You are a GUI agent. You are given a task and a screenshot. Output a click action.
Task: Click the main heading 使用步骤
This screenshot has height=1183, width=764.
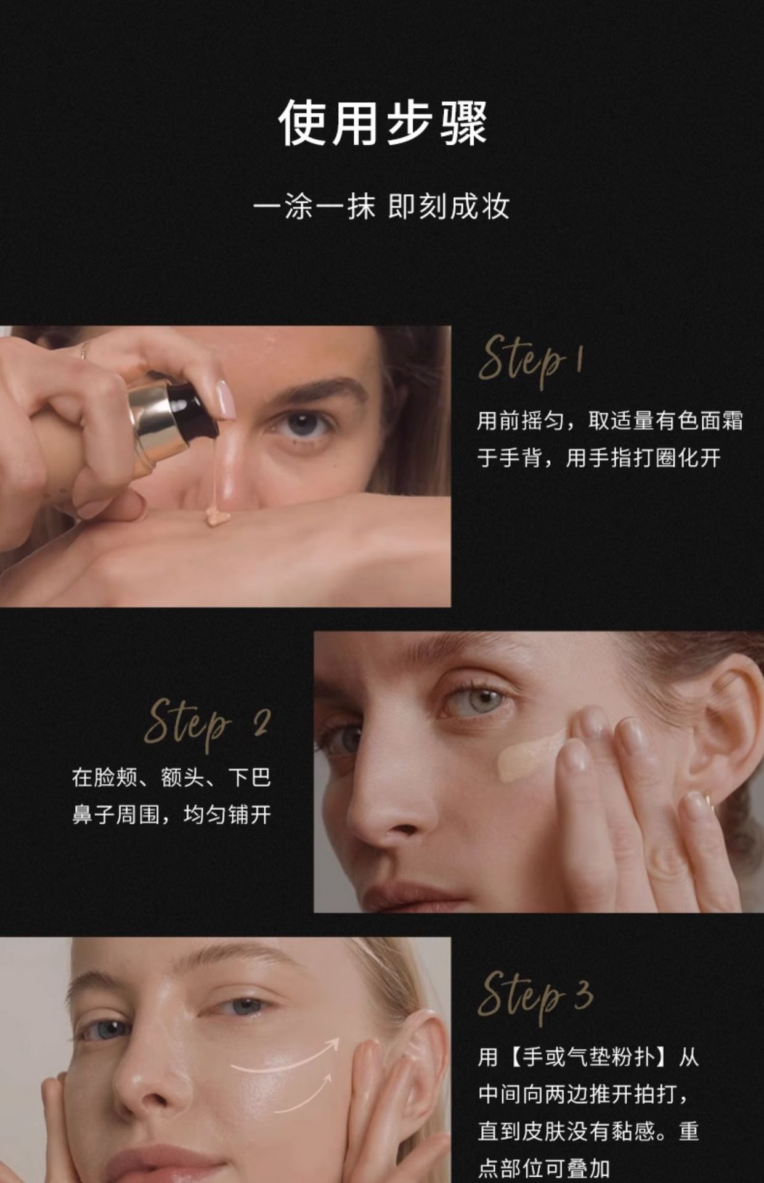click(x=382, y=123)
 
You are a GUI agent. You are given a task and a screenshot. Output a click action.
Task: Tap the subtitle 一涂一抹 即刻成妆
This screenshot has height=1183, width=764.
click(x=382, y=206)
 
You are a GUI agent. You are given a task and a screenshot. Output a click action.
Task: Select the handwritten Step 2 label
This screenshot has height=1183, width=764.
click(x=207, y=723)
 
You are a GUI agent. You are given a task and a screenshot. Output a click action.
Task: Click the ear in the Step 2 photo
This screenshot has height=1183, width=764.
click(x=727, y=727)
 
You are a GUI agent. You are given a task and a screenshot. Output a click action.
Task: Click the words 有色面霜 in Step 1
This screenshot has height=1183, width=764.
click(x=699, y=421)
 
